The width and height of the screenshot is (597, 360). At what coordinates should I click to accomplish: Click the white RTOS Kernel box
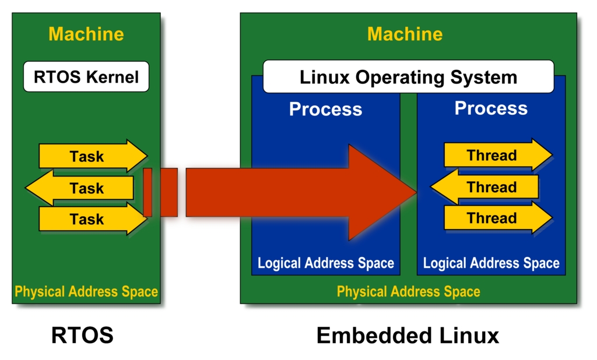(x=86, y=76)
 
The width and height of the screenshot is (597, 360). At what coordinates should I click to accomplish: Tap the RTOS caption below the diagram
(x=82, y=336)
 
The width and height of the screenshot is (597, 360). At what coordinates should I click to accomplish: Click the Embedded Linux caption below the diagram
(x=408, y=336)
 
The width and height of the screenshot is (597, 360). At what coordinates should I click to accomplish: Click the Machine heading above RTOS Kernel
(x=86, y=34)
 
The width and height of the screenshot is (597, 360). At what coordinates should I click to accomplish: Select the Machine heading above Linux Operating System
(x=405, y=34)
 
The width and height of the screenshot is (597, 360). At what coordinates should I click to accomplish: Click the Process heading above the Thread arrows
(x=491, y=108)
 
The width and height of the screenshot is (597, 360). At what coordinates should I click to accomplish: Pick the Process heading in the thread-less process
(x=325, y=109)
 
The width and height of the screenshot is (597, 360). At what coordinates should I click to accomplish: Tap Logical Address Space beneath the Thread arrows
(x=491, y=263)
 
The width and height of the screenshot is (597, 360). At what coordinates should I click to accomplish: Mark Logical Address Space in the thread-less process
(x=326, y=263)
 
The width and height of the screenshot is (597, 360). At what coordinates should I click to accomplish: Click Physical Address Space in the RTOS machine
(x=86, y=291)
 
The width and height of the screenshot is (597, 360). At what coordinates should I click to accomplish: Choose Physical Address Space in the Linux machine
(x=408, y=291)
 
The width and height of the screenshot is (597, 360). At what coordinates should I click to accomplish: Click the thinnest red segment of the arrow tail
(x=148, y=192)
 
